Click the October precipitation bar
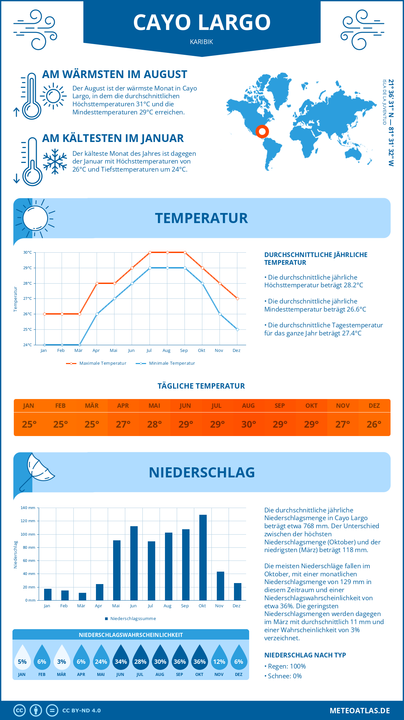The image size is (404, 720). (x=203, y=557)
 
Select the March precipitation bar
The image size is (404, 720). (x=82, y=597)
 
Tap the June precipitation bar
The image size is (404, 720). (x=134, y=563)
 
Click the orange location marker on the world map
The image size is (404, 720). (x=262, y=131)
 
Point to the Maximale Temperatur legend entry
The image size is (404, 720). (x=96, y=363)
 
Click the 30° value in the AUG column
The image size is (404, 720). (x=248, y=424)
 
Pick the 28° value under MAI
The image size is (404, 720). (x=154, y=424)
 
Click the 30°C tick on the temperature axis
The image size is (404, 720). (x=28, y=252)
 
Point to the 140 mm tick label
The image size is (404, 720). (x=28, y=508)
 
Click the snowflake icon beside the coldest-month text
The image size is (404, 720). (x=55, y=161)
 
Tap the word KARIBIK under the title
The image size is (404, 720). (x=201, y=42)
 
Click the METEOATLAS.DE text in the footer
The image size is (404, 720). (x=360, y=711)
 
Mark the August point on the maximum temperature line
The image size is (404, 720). (x=167, y=252)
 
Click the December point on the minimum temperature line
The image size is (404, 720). (x=237, y=329)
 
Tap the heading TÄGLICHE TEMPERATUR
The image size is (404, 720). (x=201, y=386)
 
